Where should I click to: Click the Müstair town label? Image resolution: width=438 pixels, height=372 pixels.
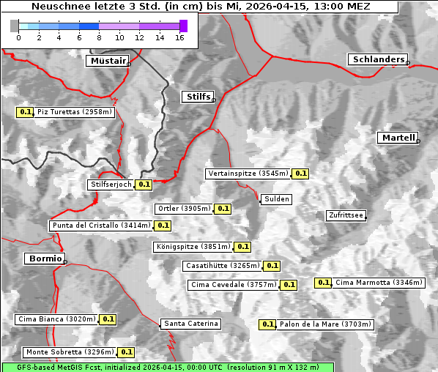pos(107,61)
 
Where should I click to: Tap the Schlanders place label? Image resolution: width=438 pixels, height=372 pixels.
pos(377,59)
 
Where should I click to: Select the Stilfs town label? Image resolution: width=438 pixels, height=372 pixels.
pos(197,97)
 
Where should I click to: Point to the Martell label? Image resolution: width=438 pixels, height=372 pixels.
pos(398,138)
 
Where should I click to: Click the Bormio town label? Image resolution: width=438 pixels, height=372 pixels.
pos(44,258)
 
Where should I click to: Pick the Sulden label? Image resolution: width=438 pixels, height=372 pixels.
pos(277,199)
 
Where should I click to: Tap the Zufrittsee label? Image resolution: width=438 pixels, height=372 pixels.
pos(346,215)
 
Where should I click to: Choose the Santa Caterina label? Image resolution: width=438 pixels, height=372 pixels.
pos(190,324)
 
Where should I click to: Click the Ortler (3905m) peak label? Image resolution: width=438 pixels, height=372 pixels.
pos(184,209)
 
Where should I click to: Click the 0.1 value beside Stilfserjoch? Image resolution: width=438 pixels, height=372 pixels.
pos(144,185)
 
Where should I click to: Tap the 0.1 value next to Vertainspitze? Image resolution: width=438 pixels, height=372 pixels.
pos(300,174)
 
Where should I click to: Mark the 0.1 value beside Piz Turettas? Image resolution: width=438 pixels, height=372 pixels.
pos(26,112)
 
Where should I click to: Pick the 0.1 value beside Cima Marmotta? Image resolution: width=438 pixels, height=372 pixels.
pos(323,283)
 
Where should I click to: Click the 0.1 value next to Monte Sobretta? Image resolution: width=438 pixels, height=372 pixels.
pos(127,352)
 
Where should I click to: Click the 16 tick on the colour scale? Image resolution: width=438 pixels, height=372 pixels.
pos(179,38)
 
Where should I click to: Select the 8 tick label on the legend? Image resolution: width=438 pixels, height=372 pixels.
pos(99,38)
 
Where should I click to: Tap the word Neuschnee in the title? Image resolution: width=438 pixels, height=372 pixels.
pos(56,7)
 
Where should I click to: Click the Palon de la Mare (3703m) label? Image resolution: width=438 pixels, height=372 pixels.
pos(326,324)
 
